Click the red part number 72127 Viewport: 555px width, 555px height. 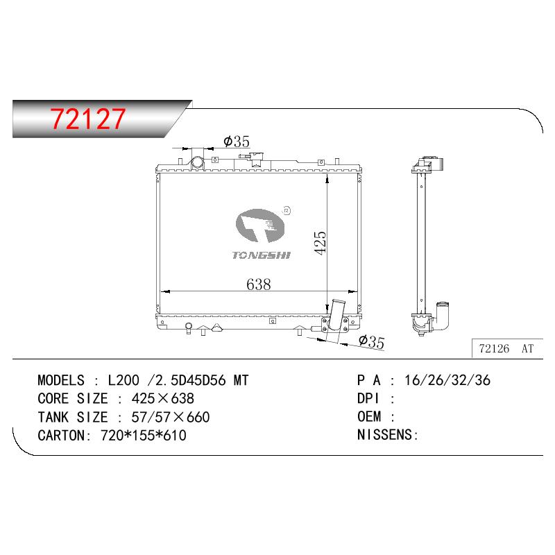[88, 119]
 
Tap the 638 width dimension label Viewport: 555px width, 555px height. [258, 284]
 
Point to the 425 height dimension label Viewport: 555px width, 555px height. [321, 242]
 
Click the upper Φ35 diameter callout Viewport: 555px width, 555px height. [237, 142]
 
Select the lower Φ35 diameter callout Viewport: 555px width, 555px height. [371, 341]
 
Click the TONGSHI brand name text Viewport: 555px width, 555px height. [262, 255]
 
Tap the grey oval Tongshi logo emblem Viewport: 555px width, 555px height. [259, 226]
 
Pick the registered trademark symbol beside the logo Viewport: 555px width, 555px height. [287, 211]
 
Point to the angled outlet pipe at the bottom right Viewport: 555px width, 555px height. [335, 315]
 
